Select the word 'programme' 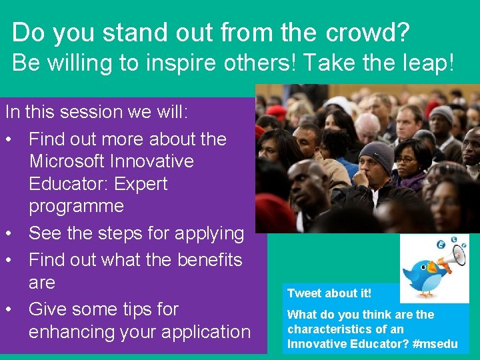click(x=76, y=206)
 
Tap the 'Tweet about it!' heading click(x=329, y=293)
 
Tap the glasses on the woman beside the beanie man click(x=407, y=161)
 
